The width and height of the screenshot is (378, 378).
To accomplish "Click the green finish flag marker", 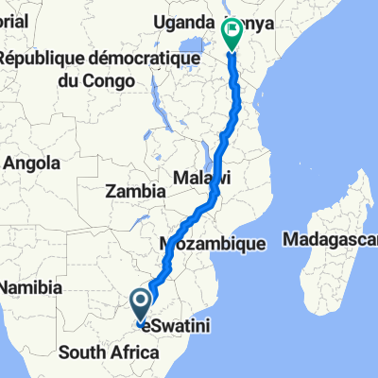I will click(x=232, y=32).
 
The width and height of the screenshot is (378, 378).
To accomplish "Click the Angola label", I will click(x=32, y=163).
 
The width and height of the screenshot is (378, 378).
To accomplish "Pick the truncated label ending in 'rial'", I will click(x=17, y=21).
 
